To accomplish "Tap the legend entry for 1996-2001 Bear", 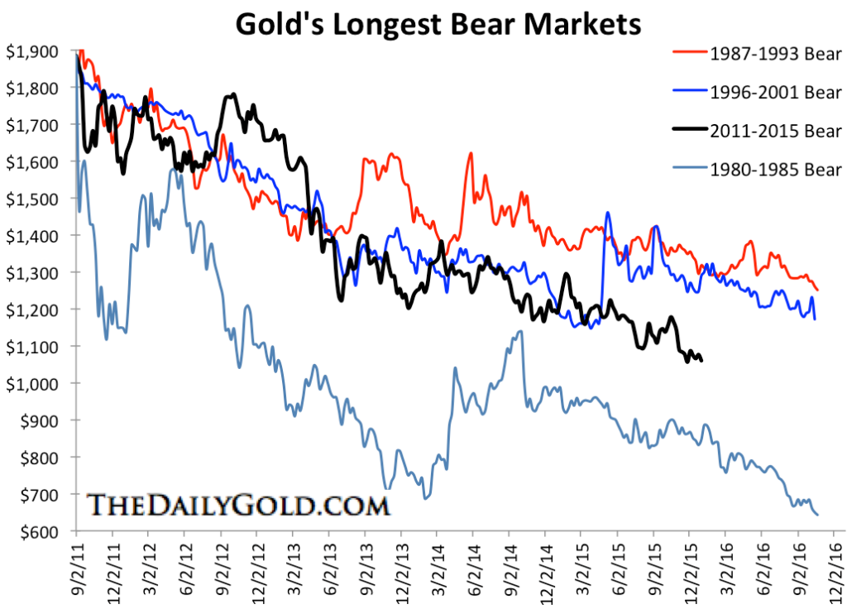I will point(775,93).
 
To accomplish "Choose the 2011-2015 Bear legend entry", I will point(775,131).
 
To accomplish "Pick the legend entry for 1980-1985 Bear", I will point(775,170).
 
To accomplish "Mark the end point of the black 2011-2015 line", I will point(702,360).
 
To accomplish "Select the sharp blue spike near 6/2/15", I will point(608,213).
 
